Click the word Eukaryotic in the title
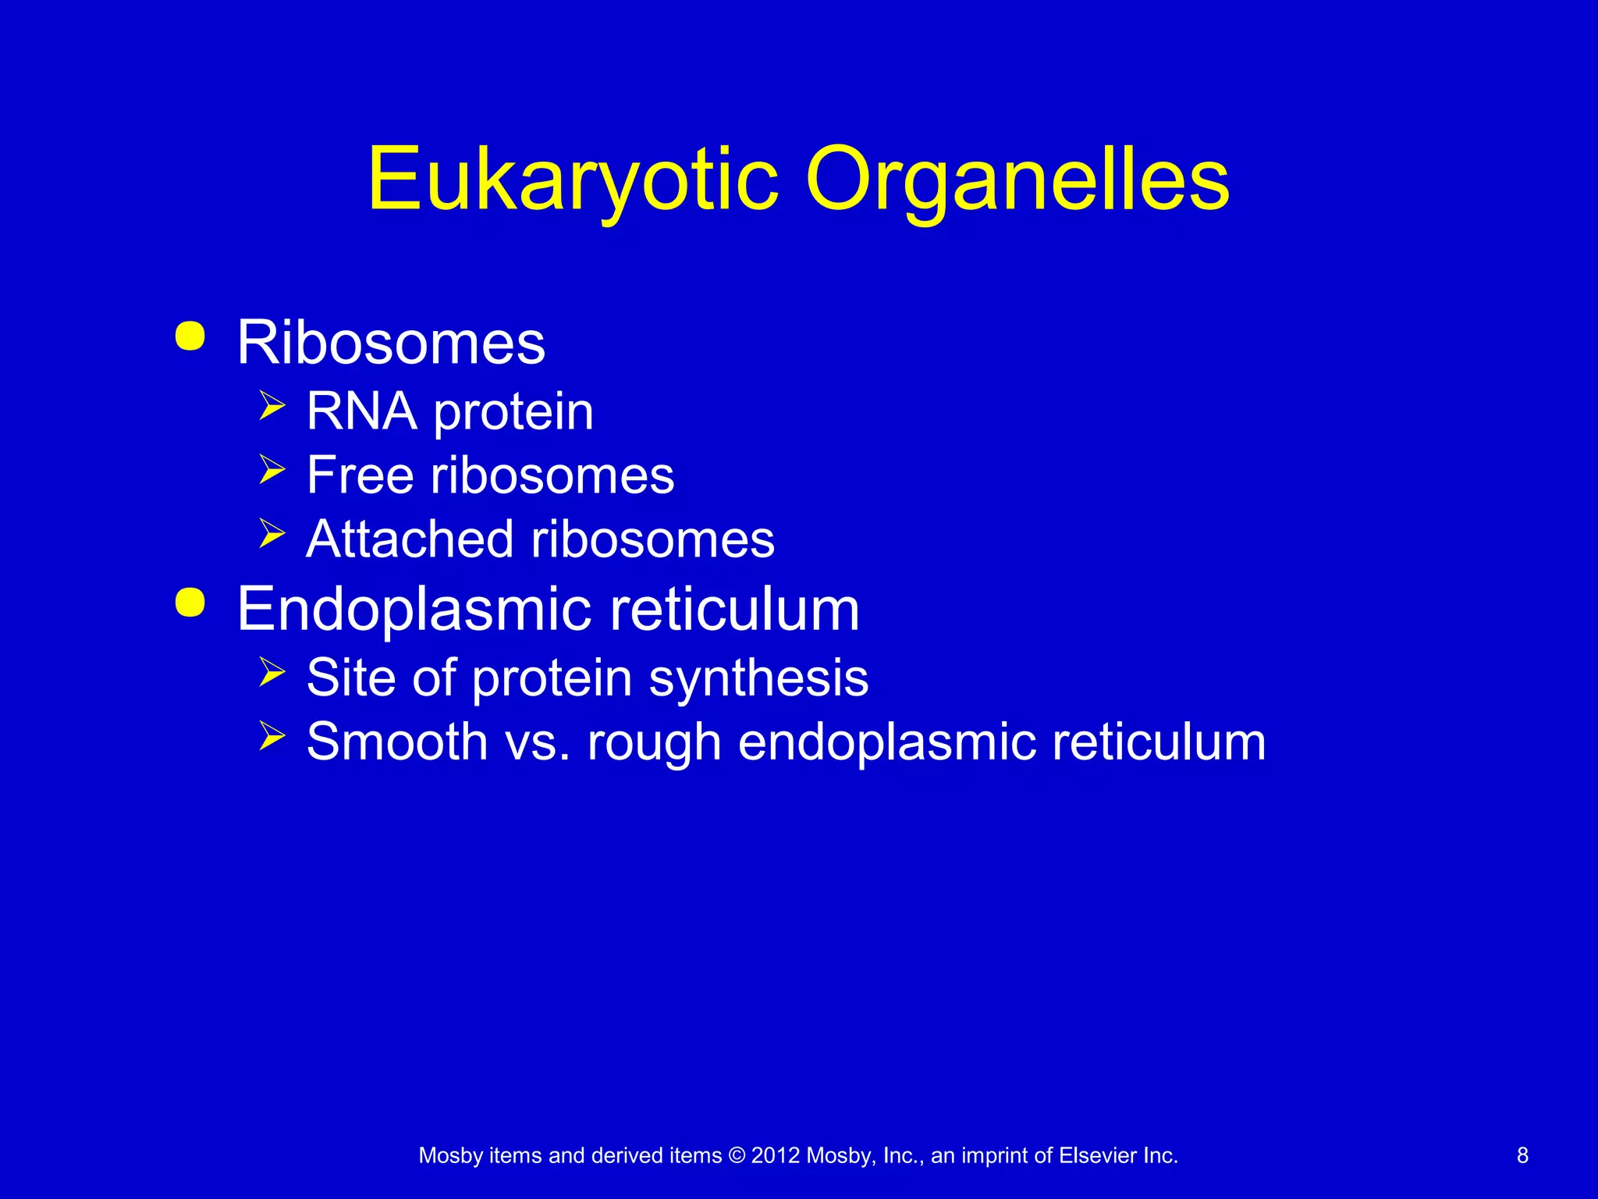(x=573, y=180)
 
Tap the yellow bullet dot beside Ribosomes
(x=190, y=336)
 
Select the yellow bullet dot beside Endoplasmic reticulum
(x=190, y=603)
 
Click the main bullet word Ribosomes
(x=391, y=343)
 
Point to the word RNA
(x=361, y=411)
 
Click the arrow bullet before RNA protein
(x=272, y=406)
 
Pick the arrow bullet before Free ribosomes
(x=272, y=470)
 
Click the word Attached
(x=410, y=539)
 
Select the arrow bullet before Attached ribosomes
(x=272, y=534)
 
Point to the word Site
(x=351, y=677)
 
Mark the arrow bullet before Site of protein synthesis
(x=272, y=671)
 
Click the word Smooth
(x=397, y=741)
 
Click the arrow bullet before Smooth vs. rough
(x=272, y=735)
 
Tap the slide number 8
(x=1522, y=1155)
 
